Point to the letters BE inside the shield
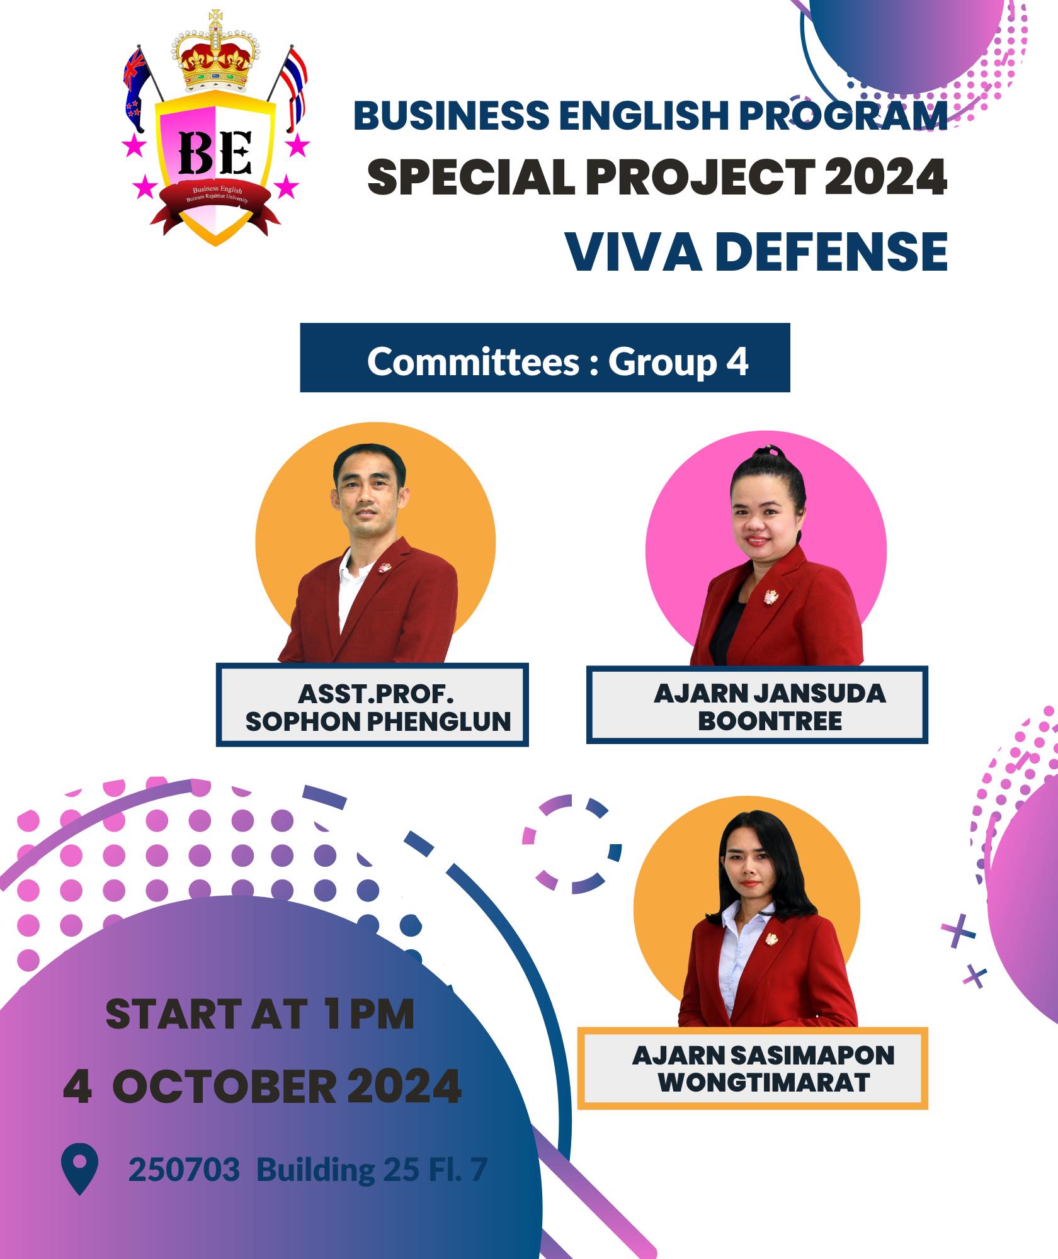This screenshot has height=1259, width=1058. tap(215, 152)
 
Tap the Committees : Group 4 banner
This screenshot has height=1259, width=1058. tap(545, 358)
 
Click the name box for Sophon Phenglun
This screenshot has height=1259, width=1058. tap(372, 705)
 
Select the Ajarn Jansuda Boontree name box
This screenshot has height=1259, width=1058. tap(757, 705)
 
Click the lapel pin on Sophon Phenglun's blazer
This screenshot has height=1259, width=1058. tap(384, 567)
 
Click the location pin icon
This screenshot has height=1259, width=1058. tap(79, 1168)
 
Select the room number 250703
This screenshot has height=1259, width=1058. tap(184, 1170)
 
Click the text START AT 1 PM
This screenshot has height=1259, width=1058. tap(259, 1014)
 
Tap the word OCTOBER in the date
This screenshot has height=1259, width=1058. tap(224, 1086)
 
